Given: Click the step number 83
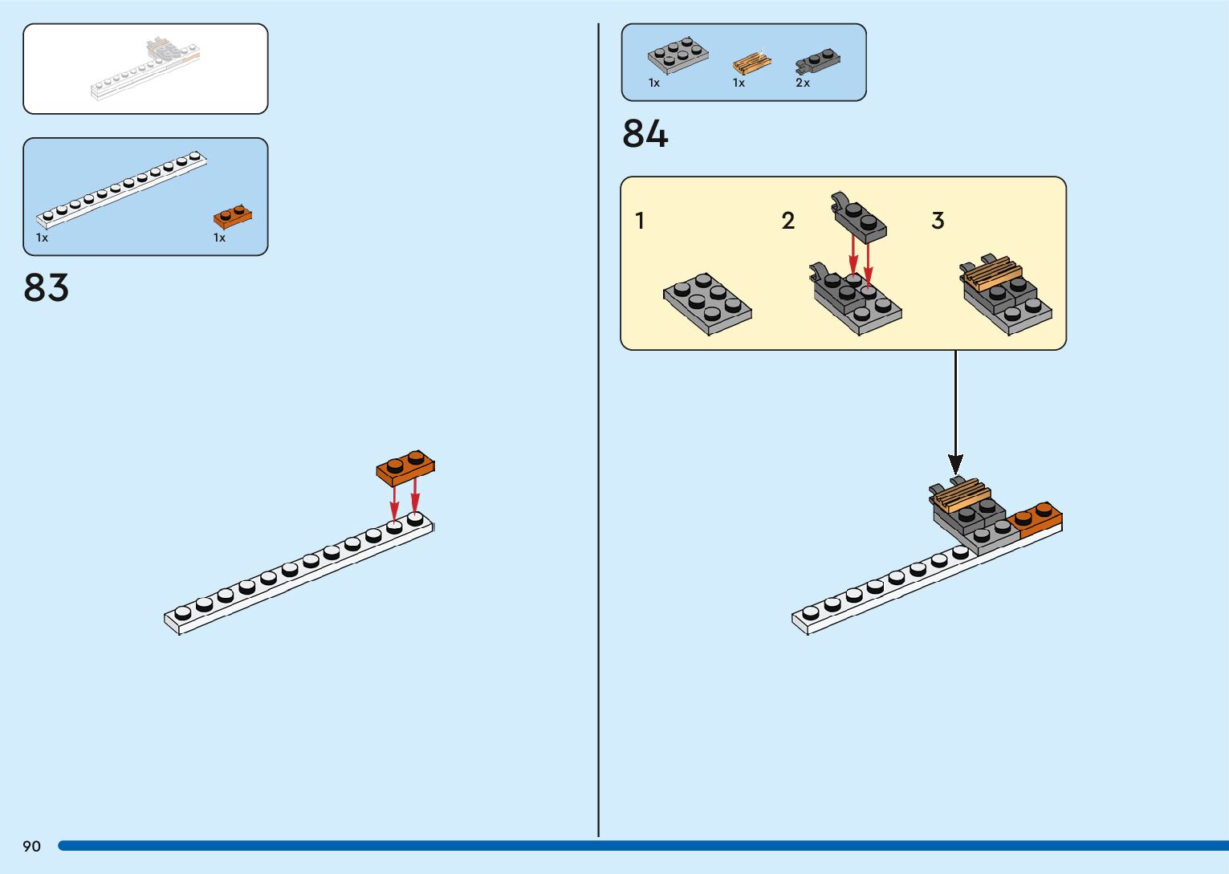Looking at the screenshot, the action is click(x=46, y=287).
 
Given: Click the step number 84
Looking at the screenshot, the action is click(x=645, y=133).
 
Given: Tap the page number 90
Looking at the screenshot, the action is click(x=31, y=846).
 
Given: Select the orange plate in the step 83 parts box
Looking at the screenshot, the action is click(x=232, y=216).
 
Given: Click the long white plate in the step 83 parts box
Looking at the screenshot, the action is click(x=120, y=189).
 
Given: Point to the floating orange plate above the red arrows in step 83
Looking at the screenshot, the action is click(x=405, y=467).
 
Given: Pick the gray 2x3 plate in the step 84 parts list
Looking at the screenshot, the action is click(x=678, y=55).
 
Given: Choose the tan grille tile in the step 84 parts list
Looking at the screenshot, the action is click(x=751, y=63).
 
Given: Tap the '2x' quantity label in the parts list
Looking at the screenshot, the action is click(x=803, y=83).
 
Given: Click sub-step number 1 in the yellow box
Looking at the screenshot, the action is click(x=640, y=221).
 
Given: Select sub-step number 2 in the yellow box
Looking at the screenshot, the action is click(x=788, y=221).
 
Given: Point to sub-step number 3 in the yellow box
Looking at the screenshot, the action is click(x=938, y=221).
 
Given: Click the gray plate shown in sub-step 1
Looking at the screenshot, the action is click(x=707, y=303).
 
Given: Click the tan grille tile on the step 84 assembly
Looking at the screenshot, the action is click(x=958, y=494).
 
